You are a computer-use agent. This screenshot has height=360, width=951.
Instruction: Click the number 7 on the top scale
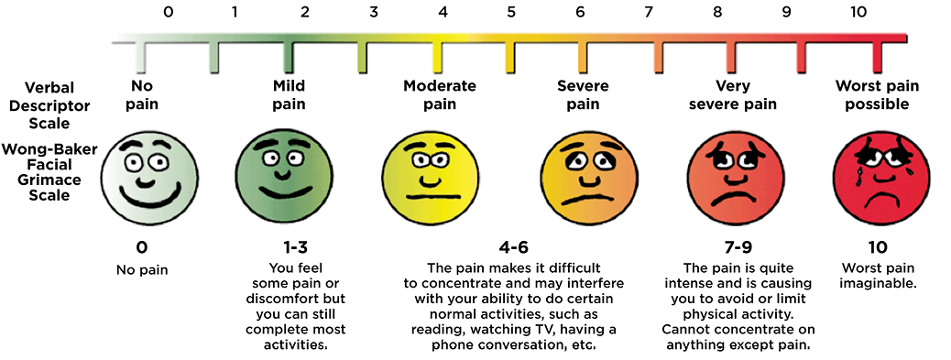coord(649,13)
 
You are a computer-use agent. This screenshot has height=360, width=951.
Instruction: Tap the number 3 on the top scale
coord(374,13)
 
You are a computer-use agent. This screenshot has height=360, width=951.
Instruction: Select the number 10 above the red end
coord(857,13)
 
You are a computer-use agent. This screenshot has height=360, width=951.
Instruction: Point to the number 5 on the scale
coord(511,13)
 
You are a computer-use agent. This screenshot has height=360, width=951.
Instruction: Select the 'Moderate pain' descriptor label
coord(440,94)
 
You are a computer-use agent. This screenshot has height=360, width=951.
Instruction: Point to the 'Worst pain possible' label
coord(871,94)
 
